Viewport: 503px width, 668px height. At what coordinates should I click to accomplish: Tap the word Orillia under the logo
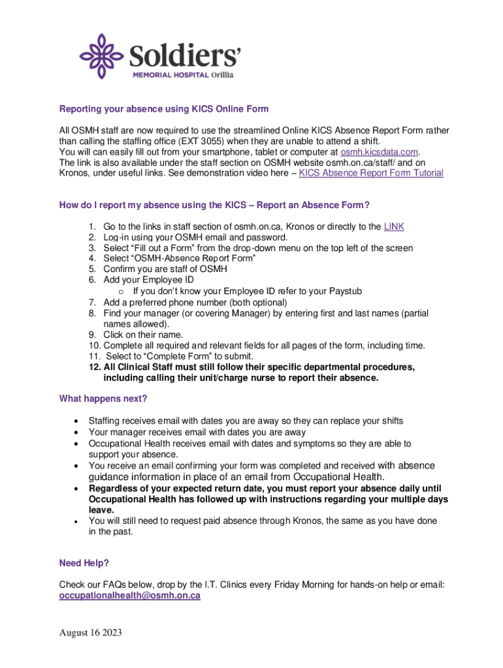(219, 74)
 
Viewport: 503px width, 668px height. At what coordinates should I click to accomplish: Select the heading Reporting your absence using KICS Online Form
(164, 109)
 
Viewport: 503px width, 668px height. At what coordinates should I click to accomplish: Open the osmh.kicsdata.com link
(379, 152)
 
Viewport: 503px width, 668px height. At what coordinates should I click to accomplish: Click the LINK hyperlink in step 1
(394, 226)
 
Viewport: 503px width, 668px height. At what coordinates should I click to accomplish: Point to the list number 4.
(92, 258)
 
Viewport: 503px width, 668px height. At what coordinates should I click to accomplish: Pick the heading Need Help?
(84, 563)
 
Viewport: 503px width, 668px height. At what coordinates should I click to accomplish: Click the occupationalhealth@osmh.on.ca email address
(129, 596)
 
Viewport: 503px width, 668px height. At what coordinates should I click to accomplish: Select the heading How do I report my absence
(214, 205)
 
